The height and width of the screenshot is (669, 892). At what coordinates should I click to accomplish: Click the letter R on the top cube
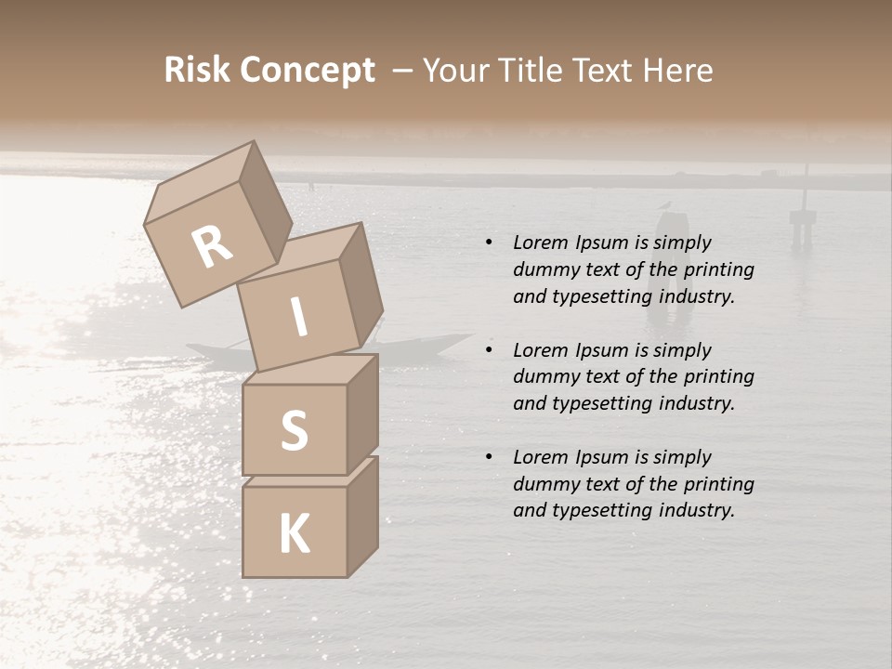212,247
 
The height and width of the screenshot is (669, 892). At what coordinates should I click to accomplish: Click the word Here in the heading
678,70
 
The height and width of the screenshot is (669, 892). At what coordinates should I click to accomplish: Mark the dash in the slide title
403,72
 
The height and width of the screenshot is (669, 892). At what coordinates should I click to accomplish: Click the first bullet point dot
489,243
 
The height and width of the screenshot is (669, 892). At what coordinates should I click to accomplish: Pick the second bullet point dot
489,351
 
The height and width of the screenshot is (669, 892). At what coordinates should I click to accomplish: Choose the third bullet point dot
489,458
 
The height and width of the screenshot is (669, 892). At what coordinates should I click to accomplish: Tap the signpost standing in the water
803,218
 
